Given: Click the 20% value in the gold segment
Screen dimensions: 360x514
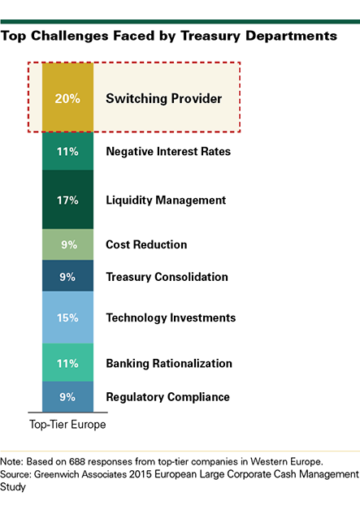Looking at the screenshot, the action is tap(67, 98).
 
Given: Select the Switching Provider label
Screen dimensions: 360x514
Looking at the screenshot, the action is tap(164, 99).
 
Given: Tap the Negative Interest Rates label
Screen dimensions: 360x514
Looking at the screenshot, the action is tap(168, 152).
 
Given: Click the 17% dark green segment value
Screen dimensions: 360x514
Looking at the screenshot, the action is tap(67, 200).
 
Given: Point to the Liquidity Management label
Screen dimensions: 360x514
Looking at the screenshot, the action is tap(166, 201).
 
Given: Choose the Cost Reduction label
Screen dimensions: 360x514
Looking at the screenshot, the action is tap(146, 244).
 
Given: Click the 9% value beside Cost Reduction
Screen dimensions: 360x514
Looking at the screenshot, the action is tap(69, 244).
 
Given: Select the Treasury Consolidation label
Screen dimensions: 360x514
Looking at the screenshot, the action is tap(167, 277).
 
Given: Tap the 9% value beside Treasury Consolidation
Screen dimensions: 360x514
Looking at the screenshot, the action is tap(67, 277).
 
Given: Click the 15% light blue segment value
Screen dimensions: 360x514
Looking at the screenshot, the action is tap(67, 317).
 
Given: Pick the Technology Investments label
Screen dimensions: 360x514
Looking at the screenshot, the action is tap(171, 318).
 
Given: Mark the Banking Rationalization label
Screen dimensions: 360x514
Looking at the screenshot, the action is tap(169, 364).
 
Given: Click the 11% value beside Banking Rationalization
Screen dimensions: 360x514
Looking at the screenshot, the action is tap(67, 364).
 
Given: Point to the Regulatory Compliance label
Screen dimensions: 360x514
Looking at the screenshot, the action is tap(167, 397).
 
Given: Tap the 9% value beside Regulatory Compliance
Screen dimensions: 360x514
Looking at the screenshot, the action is tap(67, 397).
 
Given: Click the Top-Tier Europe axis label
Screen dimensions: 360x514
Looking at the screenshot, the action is tap(67, 425).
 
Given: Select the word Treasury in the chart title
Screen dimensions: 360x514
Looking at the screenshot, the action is tap(210, 36).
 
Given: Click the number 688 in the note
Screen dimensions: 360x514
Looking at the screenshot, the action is tap(76, 461).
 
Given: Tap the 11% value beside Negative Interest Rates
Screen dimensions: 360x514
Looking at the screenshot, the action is tap(67, 152).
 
